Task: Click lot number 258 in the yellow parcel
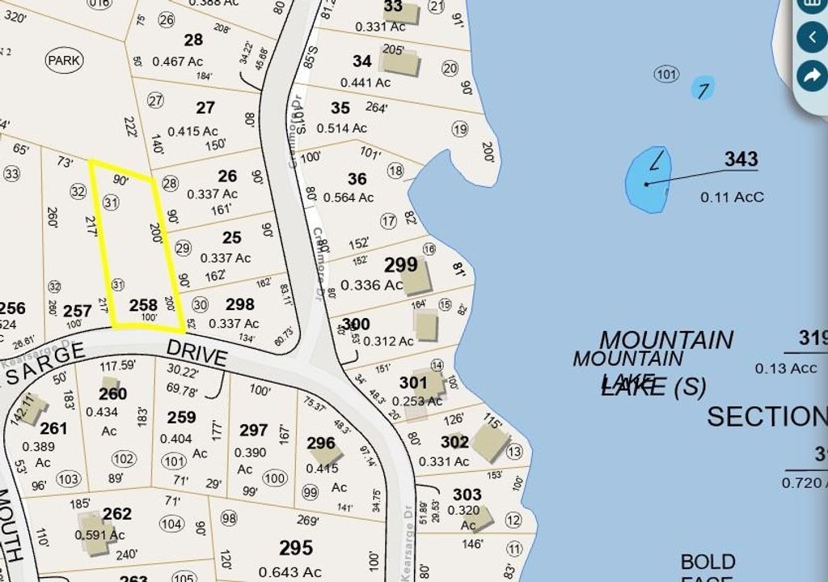(x=143, y=305)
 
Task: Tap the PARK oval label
(x=65, y=60)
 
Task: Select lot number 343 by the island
(x=741, y=159)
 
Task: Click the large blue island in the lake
(x=649, y=180)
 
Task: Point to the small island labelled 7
(x=703, y=89)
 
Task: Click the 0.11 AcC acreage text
(x=732, y=197)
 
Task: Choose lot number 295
(x=295, y=548)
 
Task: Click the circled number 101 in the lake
(x=666, y=75)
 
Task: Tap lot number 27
(x=205, y=108)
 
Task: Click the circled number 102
(x=123, y=459)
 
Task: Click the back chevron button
(x=811, y=37)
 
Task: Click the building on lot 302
(x=490, y=442)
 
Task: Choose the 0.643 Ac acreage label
(x=290, y=572)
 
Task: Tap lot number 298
(x=240, y=305)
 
